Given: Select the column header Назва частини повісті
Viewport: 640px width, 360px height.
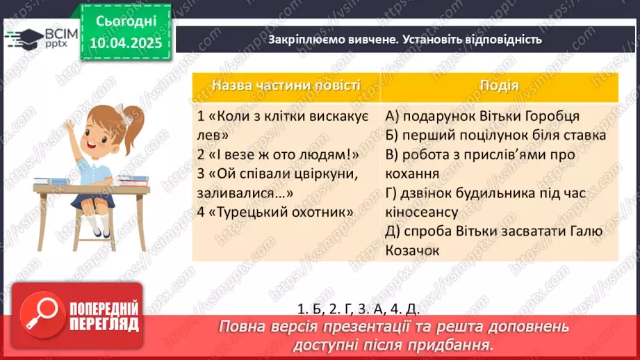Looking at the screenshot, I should [x=286, y=85].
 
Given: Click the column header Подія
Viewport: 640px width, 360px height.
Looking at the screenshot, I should [x=499, y=85].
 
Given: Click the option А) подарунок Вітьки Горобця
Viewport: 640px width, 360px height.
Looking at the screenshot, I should [x=482, y=116].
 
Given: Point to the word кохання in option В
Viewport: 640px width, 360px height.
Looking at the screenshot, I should [x=411, y=173].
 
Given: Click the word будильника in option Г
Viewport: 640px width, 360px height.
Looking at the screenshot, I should [x=515, y=193].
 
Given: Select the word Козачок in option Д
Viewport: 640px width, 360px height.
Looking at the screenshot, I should [x=412, y=250].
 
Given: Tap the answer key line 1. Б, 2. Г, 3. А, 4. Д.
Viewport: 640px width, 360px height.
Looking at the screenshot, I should [x=368, y=308].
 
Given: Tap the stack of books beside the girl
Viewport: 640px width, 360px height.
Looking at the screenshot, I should [x=133, y=181].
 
